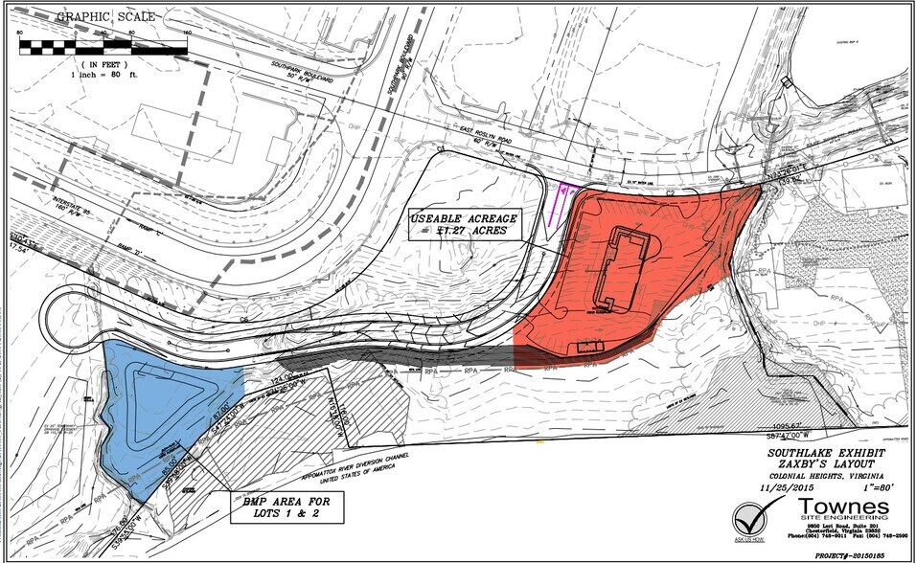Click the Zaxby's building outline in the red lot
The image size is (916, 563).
click(622, 267)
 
